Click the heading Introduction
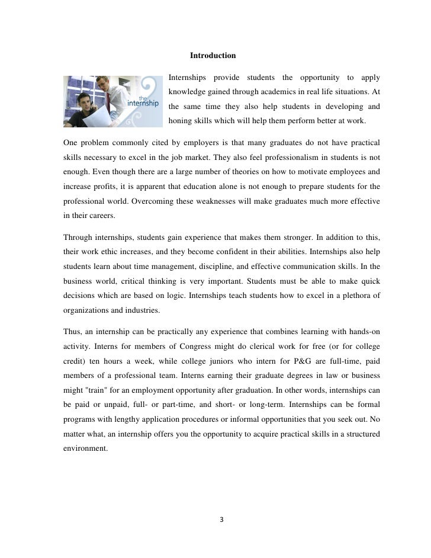coord(213,56)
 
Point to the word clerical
coord(255,345)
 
